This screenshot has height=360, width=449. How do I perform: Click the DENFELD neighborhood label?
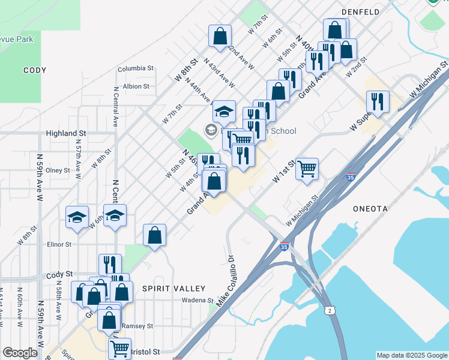point(360,11)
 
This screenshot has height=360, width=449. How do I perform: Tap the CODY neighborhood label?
point(35,70)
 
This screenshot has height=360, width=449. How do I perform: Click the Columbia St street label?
point(136,69)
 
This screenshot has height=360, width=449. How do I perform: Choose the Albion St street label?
point(136,86)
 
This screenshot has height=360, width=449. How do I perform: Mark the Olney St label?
point(58,170)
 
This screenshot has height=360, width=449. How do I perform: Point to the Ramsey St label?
point(137,326)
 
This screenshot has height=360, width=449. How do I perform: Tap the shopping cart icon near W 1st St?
point(307,169)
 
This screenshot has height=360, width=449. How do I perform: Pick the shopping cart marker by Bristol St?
point(120,347)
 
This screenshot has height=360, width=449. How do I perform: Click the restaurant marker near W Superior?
point(378,101)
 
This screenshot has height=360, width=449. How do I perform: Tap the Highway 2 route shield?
point(330,310)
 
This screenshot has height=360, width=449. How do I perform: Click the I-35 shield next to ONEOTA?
point(351,177)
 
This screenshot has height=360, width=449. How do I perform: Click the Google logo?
point(20,353)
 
